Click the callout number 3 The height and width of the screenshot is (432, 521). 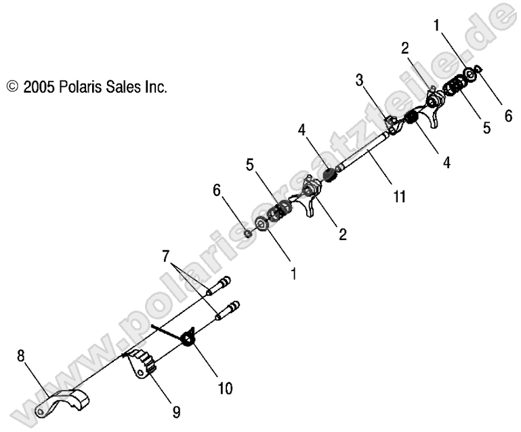point(360,81)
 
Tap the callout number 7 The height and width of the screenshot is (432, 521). point(165,258)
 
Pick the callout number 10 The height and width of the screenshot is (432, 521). point(224,389)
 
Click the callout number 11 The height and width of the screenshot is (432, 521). point(399,197)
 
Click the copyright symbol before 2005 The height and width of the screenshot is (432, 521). point(12,87)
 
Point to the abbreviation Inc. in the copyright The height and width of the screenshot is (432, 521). point(155,87)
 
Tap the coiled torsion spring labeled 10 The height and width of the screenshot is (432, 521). point(189,336)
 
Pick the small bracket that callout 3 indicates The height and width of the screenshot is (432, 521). point(390,124)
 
